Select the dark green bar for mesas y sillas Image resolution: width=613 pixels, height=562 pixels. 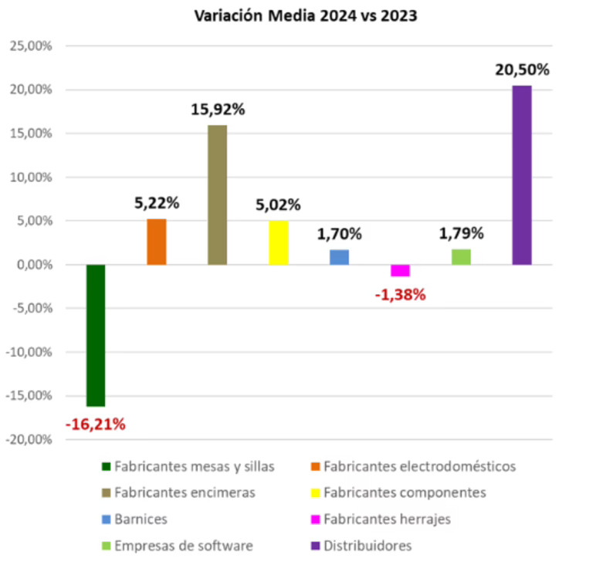tap(96, 335)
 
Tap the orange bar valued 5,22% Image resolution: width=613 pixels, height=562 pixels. tap(157, 242)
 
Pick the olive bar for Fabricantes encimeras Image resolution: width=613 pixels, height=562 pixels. tap(218, 195)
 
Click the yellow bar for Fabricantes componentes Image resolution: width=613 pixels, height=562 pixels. tap(279, 242)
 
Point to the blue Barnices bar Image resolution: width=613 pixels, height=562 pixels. tap(340, 257)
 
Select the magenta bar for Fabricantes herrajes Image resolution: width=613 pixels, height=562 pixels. tap(400, 270)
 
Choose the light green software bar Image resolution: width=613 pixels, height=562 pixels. tap(461, 257)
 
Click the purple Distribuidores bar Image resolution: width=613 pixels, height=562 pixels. tap(522, 175)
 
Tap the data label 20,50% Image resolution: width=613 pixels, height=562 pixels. tap(523, 70)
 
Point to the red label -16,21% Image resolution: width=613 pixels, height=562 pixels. tap(96, 424)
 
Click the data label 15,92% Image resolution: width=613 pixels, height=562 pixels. tap(218, 110)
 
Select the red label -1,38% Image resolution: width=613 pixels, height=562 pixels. tap(400, 294)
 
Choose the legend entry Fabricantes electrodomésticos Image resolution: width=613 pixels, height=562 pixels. tap(419, 466)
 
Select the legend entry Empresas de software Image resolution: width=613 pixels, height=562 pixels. tap(183, 545)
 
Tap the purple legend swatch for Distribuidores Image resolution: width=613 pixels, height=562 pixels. tap(317, 545)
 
